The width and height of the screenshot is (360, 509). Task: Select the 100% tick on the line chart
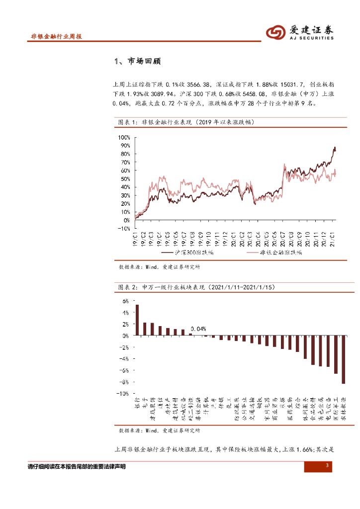pos(124,137)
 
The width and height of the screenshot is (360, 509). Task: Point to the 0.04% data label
pos(198,329)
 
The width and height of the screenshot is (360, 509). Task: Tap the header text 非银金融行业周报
pos(56,37)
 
